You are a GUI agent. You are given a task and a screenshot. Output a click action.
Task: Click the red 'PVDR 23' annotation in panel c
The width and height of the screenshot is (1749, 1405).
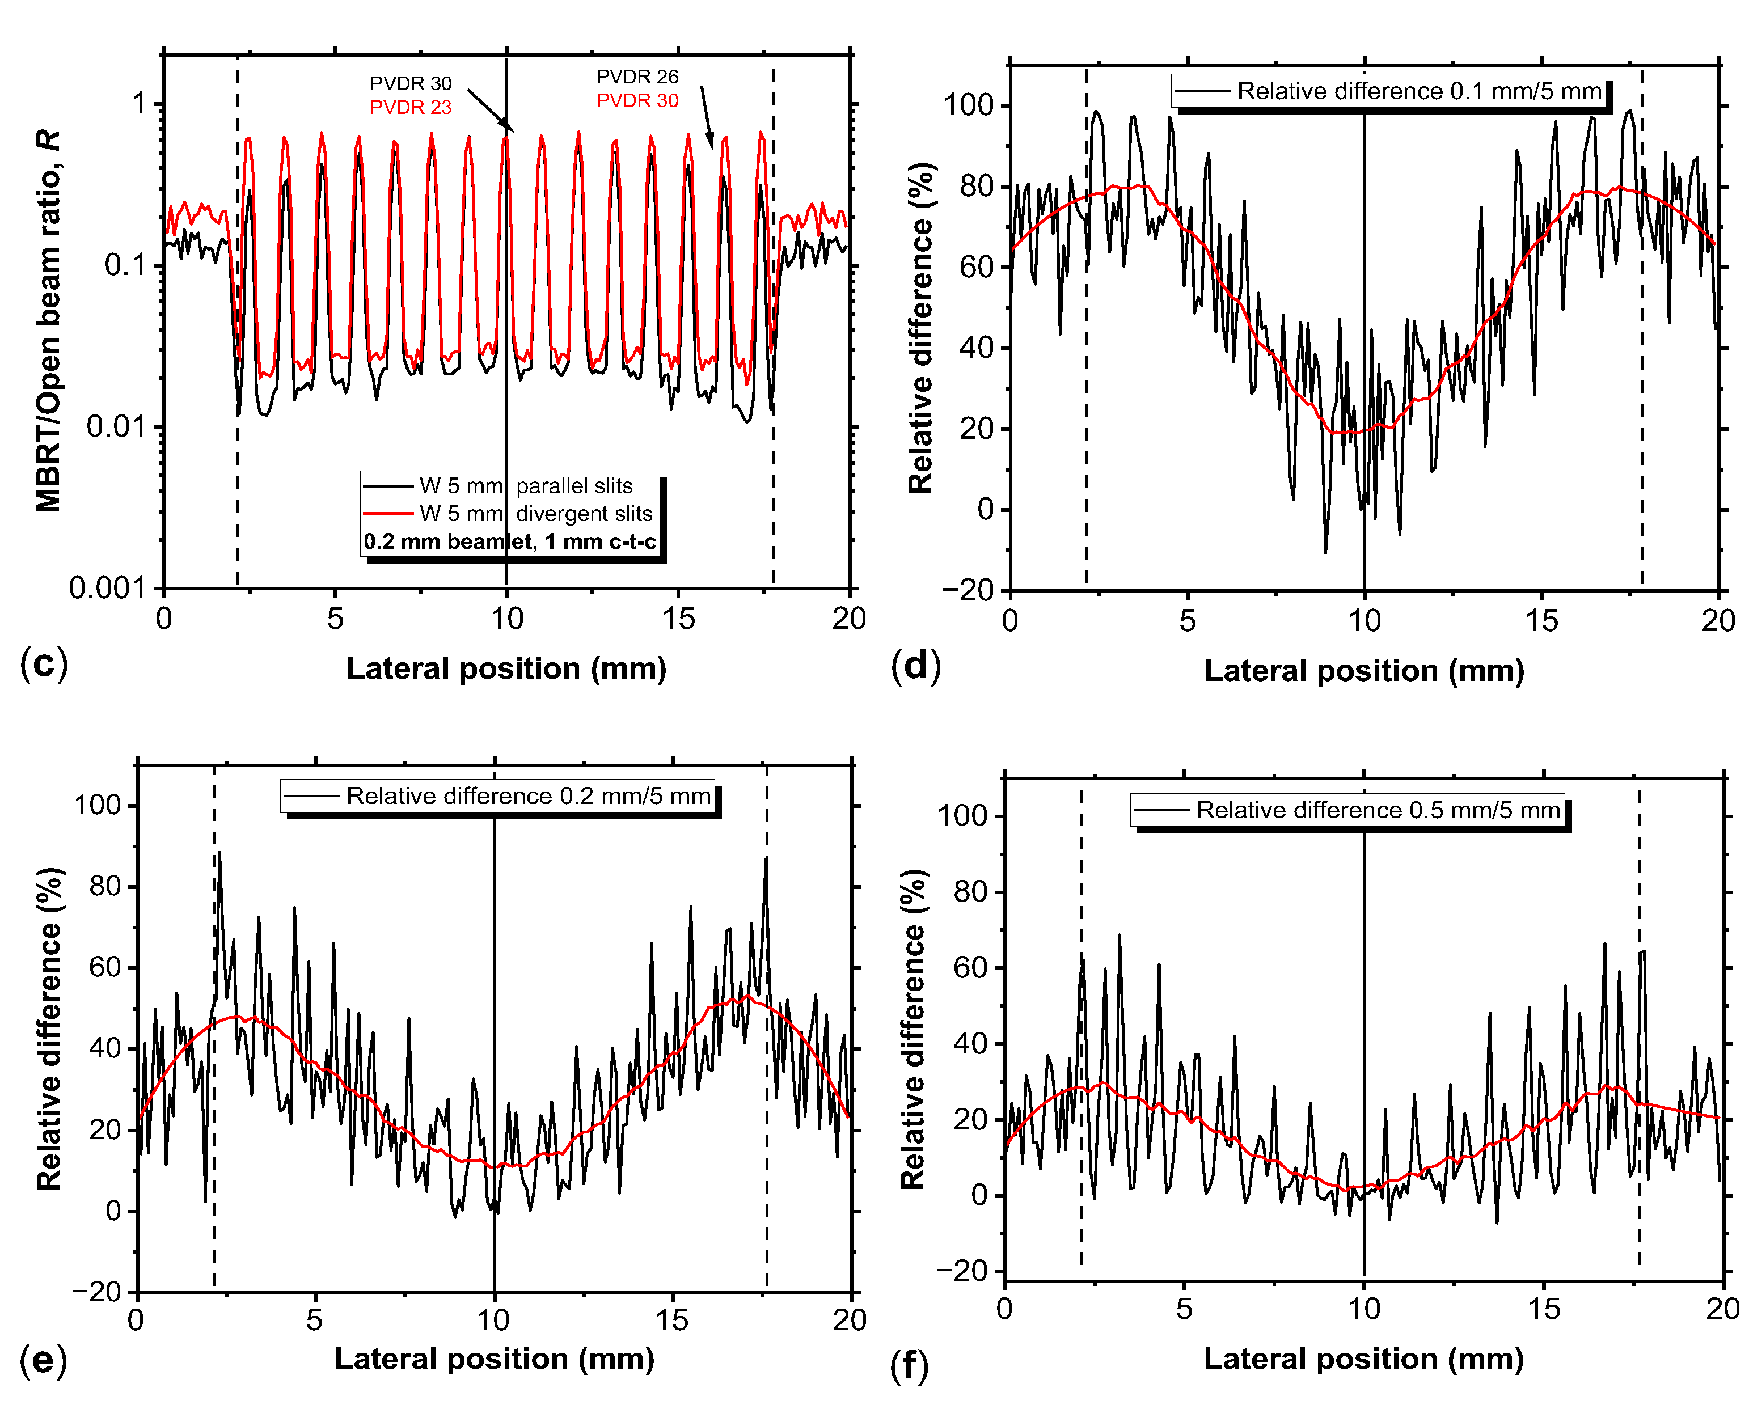coord(411,108)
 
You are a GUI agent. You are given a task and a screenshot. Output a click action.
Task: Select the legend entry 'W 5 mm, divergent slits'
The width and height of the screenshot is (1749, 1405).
coord(535,514)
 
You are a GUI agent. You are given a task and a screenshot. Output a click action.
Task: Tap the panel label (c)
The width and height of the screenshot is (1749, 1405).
coord(44,663)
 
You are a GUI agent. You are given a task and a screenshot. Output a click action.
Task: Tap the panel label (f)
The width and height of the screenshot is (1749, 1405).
coord(909,1365)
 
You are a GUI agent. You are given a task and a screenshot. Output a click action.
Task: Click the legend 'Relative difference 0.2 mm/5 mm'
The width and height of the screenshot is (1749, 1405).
coord(527,796)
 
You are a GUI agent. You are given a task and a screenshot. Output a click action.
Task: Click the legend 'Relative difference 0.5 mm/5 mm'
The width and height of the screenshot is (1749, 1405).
coord(1378,810)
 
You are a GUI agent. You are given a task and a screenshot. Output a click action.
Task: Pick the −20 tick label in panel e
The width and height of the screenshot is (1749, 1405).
coord(96,1292)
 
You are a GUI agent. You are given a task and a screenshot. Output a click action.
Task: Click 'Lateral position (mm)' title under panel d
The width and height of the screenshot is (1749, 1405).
coord(1364,671)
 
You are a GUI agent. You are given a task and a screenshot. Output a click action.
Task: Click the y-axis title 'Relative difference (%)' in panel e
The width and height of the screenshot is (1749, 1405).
coord(49,1029)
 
